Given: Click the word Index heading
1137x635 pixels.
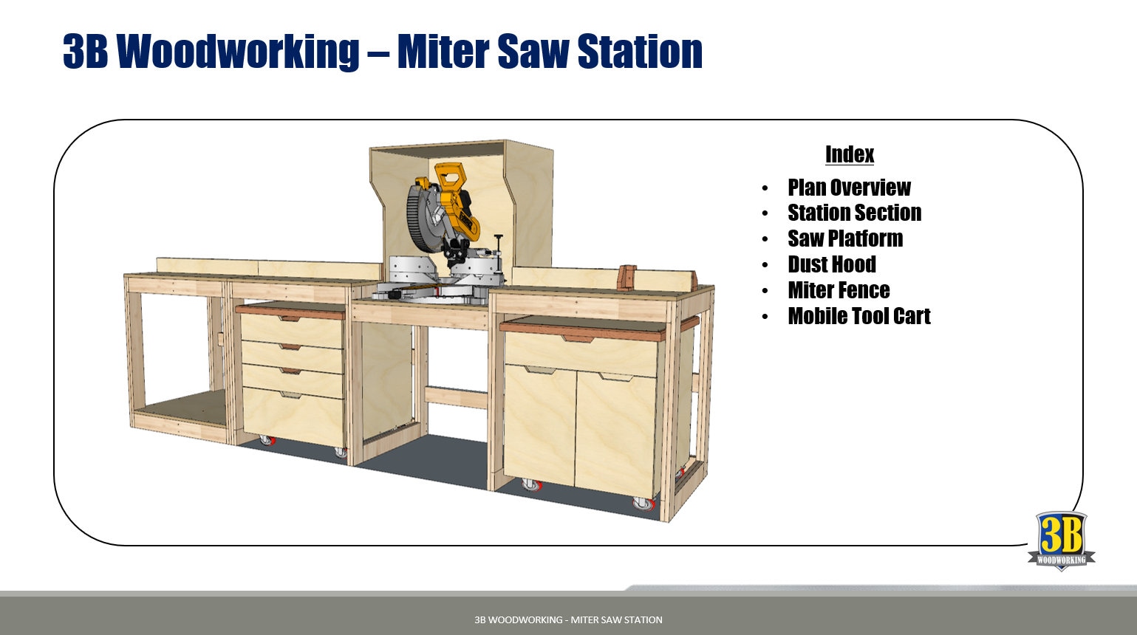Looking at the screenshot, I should point(849,154).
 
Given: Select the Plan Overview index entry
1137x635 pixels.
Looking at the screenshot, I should point(849,188).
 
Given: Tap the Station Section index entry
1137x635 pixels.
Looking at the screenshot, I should point(854,213).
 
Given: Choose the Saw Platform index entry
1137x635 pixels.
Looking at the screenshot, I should point(845,238).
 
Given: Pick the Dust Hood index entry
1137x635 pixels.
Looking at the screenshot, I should point(832,264).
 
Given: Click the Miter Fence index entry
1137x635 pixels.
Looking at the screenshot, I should point(839,290).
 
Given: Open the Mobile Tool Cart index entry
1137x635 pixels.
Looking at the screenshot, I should point(858,316).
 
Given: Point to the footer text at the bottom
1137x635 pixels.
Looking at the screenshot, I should point(568,619).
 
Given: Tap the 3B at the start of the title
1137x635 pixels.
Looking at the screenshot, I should point(86,51).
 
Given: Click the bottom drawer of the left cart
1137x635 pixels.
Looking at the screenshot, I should point(293,413).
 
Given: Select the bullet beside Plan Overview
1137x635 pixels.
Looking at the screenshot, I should point(765,188).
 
